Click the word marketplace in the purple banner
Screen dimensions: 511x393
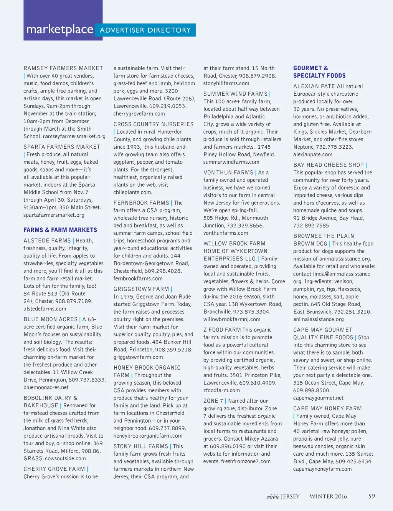[x=60, y=30]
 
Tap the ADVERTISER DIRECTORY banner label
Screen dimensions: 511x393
[x=145, y=30]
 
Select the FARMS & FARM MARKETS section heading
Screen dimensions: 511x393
[x=60, y=230]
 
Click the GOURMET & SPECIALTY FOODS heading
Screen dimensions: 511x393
[x=319, y=72]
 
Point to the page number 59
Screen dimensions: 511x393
[x=372, y=496]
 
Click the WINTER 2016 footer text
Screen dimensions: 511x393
[x=328, y=496]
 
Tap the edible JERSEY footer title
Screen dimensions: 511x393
[x=283, y=496]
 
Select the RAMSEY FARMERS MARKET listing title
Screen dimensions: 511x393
[x=63, y=68]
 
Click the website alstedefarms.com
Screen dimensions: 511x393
[x=45, y=309]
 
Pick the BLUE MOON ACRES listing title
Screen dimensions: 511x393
[x=51, y=319]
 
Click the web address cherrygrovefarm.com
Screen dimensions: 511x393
[x=139, y=114]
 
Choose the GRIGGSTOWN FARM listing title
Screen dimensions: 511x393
[x=141, y=289]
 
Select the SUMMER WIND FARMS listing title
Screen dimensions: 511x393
[x=235, y=94]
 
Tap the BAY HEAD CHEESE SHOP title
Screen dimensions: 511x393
[x=329, y=165]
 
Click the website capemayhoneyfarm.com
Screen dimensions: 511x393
[x=322, y=469]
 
